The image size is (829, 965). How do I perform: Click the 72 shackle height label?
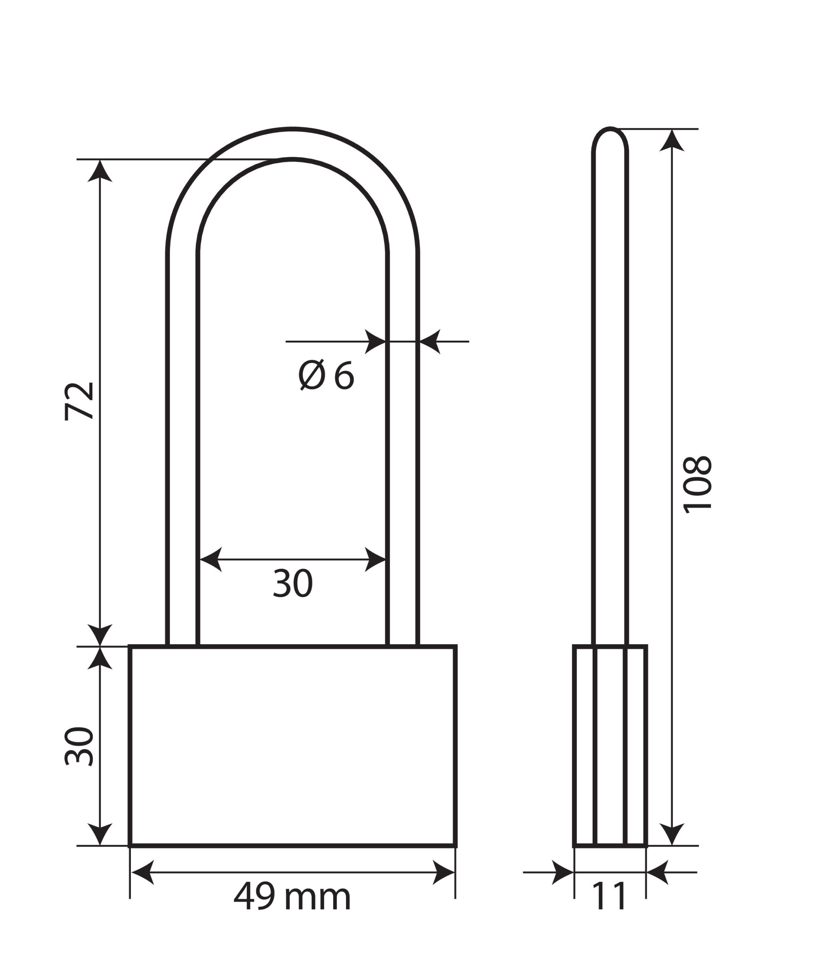(79, 401)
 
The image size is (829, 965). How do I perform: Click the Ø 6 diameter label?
(326, 375)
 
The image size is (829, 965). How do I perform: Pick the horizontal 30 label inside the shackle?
(293, 583)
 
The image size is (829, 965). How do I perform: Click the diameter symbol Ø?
(311, 375)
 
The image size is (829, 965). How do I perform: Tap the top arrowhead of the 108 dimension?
(671, 141)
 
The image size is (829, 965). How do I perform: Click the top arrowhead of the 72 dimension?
(100, 172)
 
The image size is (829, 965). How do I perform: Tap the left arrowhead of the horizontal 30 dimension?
(210, 559)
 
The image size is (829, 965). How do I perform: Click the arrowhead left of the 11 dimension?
(562, 872)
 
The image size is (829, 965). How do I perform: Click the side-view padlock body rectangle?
(610, 745)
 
